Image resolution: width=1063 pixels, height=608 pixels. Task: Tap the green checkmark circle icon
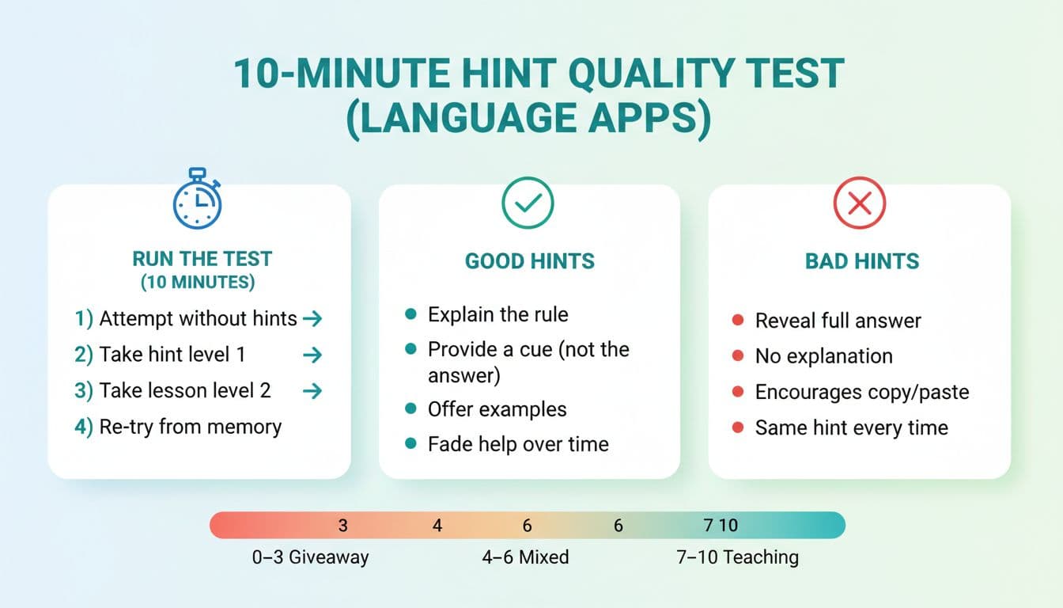[x=528, y=203]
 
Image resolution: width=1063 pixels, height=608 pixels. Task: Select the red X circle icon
[x=859, y=203]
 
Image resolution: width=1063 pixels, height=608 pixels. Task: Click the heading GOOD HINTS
[x=530, y=261]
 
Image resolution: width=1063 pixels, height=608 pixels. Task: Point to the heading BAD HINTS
[x=862, y=261]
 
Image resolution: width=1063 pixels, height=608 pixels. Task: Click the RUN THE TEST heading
[x=202, y=259]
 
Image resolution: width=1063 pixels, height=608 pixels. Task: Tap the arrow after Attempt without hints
[x=312, y=319]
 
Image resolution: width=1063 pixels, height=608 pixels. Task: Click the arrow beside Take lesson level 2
[x=312, y=390]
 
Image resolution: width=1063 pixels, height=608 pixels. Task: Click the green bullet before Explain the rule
[x=410, y=314]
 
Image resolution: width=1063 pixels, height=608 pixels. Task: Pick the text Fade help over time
[x=518, y=444]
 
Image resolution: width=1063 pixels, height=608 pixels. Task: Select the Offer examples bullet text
[x=497, y=409]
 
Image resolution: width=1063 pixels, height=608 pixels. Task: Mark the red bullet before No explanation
[x=738, y=356]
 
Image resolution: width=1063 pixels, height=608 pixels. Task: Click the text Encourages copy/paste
[x=861, y=392]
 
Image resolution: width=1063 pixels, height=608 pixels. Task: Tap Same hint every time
[x=851, y=427]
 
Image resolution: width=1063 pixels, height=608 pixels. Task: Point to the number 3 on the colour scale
[x=342, y=525]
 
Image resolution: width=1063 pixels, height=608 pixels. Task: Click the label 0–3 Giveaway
[x=310, y=557]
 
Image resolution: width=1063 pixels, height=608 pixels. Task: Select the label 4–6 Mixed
[x=525, y=557]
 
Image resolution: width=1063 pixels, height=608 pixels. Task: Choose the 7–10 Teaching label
[x=737, y=557]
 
